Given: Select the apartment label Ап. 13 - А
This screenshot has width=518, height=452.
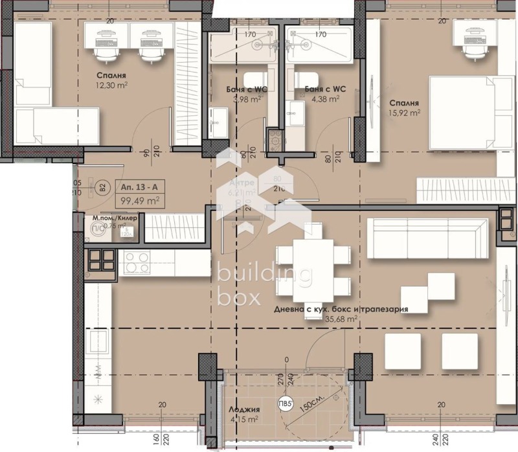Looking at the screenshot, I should [139, 187].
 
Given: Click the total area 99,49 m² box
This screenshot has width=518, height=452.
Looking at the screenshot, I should [139, 200].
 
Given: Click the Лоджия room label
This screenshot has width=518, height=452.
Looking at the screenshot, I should [244, 409].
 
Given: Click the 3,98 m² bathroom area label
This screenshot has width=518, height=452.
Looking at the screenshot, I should [247, 99].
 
